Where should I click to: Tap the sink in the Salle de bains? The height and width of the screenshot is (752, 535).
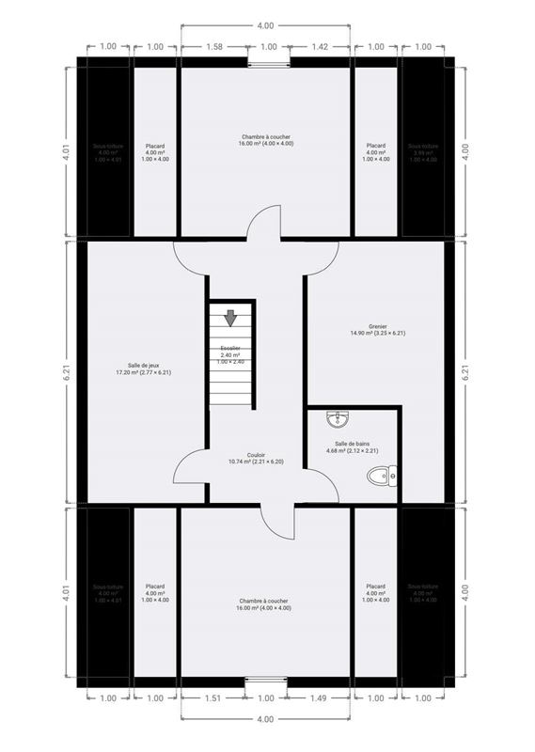[338, 419]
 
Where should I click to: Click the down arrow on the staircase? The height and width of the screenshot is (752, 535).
[230, 319]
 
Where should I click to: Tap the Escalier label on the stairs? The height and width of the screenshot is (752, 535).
[231, 352]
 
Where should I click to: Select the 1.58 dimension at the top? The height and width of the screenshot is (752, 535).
[213, 46]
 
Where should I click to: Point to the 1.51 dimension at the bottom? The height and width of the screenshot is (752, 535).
[212, 698]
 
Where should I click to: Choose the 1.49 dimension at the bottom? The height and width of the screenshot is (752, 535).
[320, 698]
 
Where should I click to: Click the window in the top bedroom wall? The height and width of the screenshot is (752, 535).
[269, 63]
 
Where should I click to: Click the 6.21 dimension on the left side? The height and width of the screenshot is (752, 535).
[67, 372]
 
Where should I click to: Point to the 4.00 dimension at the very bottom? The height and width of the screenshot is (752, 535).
[265, 719]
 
